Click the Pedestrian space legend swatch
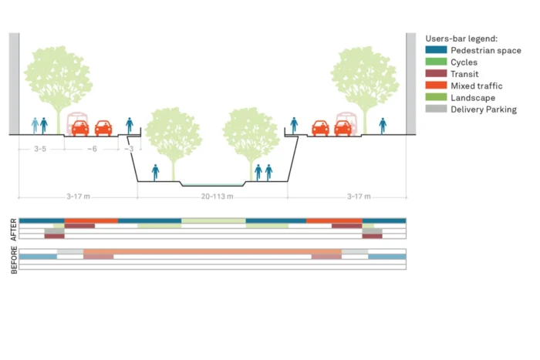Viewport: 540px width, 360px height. (x=435, y=50)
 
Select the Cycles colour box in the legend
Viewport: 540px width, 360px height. (x=435, y=62)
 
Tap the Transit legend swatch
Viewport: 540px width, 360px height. (x=435, y=74)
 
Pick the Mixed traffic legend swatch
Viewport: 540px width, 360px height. (x=435, y=86)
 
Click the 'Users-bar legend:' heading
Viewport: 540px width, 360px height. (x=461, y=38)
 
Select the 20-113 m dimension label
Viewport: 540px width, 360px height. (x=211, y=197)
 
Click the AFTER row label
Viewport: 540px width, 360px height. (x=13, y=230)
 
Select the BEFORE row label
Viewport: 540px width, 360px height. (x=13, y=260)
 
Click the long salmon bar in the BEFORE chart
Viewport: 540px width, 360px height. (x=212, y=251)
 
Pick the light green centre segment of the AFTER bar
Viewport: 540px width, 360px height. (x=214, y=221)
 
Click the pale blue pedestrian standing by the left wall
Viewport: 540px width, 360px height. (x=35, y=125)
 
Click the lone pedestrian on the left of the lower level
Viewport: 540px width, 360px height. (x=156, y=172)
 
